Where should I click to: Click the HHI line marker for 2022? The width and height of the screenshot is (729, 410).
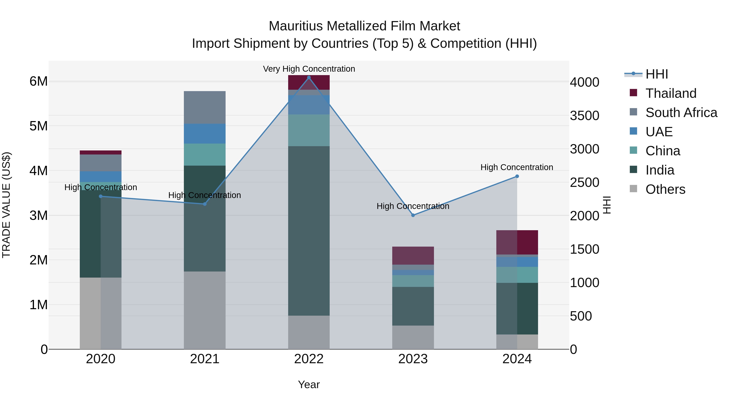pyautogui.click(x=309, y=78)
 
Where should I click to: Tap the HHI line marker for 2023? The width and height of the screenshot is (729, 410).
pyautogui.click(x=413, y=215)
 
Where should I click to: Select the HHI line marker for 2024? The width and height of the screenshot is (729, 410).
pyautogui.click(x=517, y=176)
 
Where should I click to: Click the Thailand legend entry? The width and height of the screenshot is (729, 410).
pyautogui.click(x=671, y=93)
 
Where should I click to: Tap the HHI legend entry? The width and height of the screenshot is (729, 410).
pyautogui.click(x=657, y=74)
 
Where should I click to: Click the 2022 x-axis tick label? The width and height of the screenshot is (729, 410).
pyautogui.click(x=309, y=359)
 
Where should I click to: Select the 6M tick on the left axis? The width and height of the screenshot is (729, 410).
pyautogui.click(x=38, y=81)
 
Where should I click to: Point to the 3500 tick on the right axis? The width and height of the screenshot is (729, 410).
pyautogui.click(x=584, y=116)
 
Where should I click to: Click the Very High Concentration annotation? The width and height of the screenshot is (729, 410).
pyautogui.click(x=309, y=69)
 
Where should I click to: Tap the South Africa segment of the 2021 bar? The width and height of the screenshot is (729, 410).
pyautogui.click(x=205, y=107)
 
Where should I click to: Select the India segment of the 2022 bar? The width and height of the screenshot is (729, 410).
pyautogui.click(x=309, y=231)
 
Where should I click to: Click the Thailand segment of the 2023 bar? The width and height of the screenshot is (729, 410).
pyautogui.click(x=413, y=256)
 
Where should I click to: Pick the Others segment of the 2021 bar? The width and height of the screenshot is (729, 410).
pyautogui.click(x=205, y=310)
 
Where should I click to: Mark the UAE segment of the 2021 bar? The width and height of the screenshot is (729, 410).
pyautogui.click(x=205, y=134)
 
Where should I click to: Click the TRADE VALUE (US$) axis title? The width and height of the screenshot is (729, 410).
pyautogui.click(x=6, y=205)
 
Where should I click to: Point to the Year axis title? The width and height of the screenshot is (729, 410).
pyautogui.click(x=309, y=384)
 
